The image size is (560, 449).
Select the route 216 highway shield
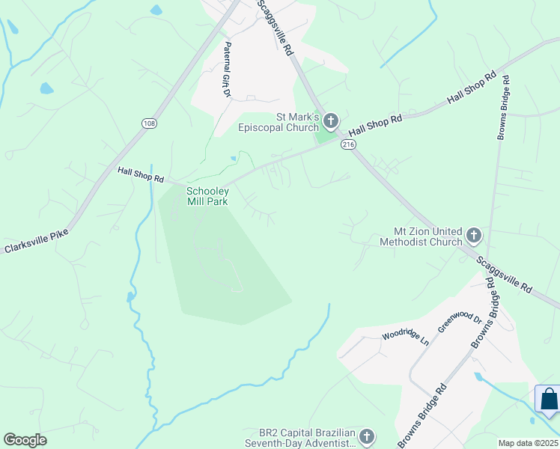point(347,144)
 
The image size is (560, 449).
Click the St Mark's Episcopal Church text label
point(279,122)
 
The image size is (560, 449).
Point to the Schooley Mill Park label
point(207,196)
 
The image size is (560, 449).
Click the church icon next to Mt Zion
point(473,236)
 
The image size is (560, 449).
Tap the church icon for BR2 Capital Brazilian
point(366,436)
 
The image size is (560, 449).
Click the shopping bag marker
point(549,400)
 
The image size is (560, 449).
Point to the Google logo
point(25,440)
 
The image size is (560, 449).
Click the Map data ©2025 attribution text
point(527,443)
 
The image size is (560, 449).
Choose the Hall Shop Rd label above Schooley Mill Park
point(141,174)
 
